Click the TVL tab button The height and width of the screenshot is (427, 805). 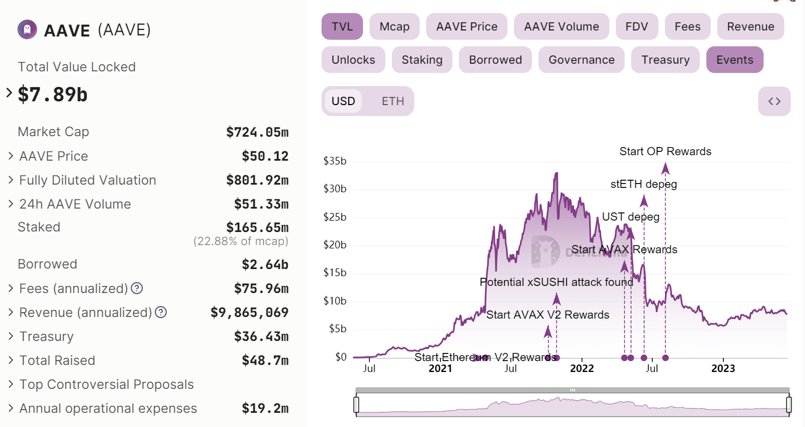tap(342, 27)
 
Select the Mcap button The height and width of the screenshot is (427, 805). tap(394, 27)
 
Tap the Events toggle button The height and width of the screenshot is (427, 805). tap(734, 60)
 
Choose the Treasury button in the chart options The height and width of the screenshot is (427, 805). tap(665, 60)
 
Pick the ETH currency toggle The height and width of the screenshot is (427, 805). tap(392, 101)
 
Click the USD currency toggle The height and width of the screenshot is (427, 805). tap(343, 101)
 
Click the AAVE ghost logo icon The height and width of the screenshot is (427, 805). tap(27, 29)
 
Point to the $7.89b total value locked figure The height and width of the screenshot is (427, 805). tap(53, 94)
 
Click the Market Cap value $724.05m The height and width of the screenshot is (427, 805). tap(257, 132)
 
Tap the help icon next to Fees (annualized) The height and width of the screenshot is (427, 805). tap(137, 288)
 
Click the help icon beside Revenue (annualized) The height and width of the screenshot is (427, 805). tap(161, 313)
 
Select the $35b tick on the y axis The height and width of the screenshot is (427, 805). tap(335, 161)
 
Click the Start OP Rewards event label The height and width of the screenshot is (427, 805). tap(665, 151)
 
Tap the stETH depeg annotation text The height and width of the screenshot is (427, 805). tap(644, 184)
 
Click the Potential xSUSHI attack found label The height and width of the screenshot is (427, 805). tap(556, 282)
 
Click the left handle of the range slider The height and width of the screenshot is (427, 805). tap(356, 405)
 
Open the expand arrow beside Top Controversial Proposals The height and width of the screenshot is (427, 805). tap(11, 385)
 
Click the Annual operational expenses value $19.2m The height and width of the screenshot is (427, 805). tap(265, 408)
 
